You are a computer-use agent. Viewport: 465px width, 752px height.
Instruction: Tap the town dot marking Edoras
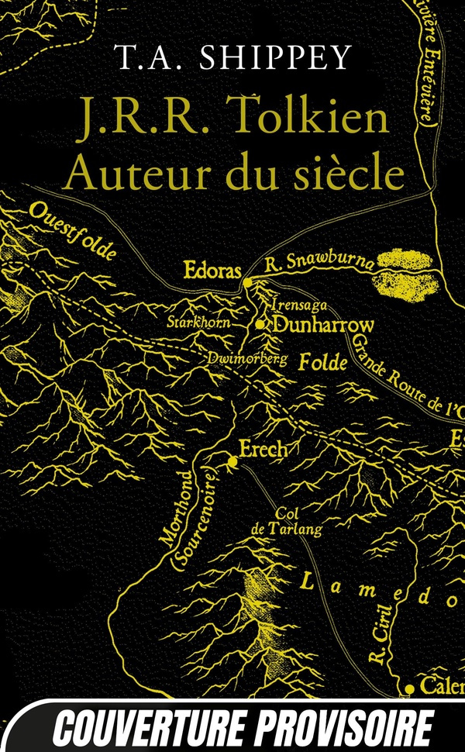coord(247,284)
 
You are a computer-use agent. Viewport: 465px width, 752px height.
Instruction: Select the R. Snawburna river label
coord(319,262)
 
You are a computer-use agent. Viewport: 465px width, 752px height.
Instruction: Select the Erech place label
coord(264,449)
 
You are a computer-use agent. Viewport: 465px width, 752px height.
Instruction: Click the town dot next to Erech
coord(232,463)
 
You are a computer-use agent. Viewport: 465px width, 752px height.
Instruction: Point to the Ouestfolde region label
coord(74,229)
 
